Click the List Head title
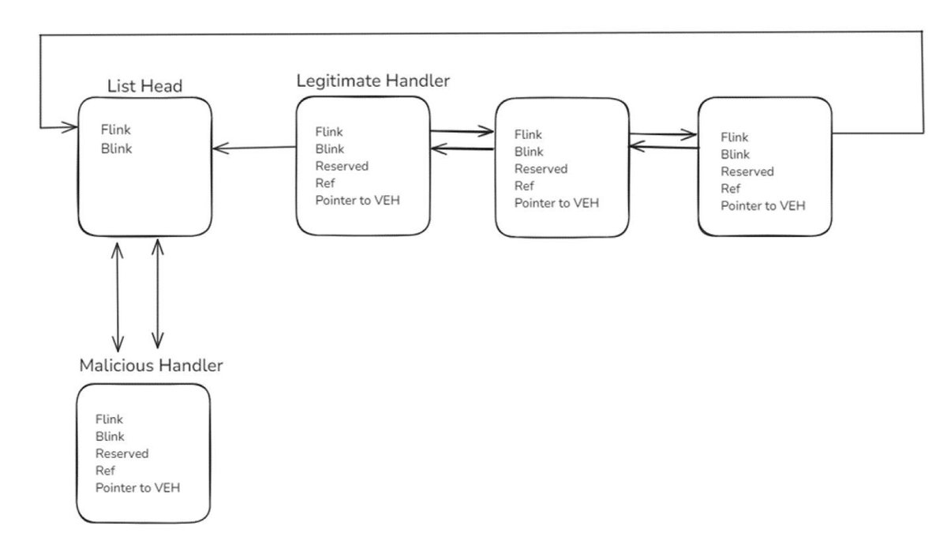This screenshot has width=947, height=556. pos(144,86)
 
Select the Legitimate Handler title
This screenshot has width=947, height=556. pos(372,81)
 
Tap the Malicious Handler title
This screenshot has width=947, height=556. pos(151,366)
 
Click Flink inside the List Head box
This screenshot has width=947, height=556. pos(116,130)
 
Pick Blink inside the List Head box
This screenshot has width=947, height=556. pos(116,148)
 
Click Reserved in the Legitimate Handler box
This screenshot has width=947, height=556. pos(342,166)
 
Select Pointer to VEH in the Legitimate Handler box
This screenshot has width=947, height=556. pos(357,200)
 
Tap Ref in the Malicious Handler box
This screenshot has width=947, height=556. pos(105,471)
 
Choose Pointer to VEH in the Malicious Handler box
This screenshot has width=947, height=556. pos(137,488)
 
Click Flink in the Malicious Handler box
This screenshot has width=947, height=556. pos(109,419)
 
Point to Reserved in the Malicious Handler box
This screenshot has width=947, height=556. pos(122,453)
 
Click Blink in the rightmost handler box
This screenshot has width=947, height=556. pos(735,155)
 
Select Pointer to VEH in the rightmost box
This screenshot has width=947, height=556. pos(762,205)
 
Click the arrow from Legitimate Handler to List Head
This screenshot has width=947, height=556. pos(254,148)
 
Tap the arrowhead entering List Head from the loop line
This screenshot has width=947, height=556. pos(69,127)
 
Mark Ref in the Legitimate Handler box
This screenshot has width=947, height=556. pos(324,183)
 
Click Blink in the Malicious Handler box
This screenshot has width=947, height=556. pos(110,436)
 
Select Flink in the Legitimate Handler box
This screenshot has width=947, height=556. pos(329,132)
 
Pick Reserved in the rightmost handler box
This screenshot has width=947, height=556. pos(747,171)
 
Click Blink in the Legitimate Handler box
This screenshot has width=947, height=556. pos(330,149)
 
